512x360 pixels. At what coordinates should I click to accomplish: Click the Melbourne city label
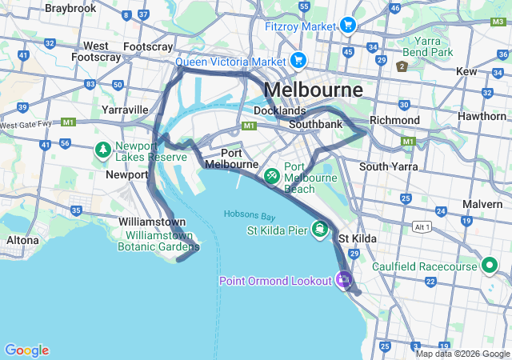pos(313,89)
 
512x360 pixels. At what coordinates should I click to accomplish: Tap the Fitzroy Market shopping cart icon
pos(347,26)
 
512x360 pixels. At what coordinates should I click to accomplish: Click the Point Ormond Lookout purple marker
pos(344,279)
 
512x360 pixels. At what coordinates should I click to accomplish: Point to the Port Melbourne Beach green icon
pos(272,174)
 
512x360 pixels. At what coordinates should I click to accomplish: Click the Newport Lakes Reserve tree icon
pos(103,150)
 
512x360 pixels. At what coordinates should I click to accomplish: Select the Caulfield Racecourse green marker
pos(489,266)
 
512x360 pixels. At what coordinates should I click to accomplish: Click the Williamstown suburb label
pos(152,222)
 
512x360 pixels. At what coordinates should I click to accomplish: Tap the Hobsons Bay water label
pos(250,214)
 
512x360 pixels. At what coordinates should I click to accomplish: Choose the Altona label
pos(22,240)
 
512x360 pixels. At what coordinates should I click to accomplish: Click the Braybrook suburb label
pos(70,8)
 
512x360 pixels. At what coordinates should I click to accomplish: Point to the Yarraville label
pos(125,110)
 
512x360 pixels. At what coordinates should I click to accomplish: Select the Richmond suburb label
pos(395,120)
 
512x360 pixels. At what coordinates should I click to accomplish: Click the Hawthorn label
pos(482,116)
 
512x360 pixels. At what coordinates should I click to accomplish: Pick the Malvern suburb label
pos(482,204)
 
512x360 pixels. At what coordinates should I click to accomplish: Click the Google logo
pos(26,350)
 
